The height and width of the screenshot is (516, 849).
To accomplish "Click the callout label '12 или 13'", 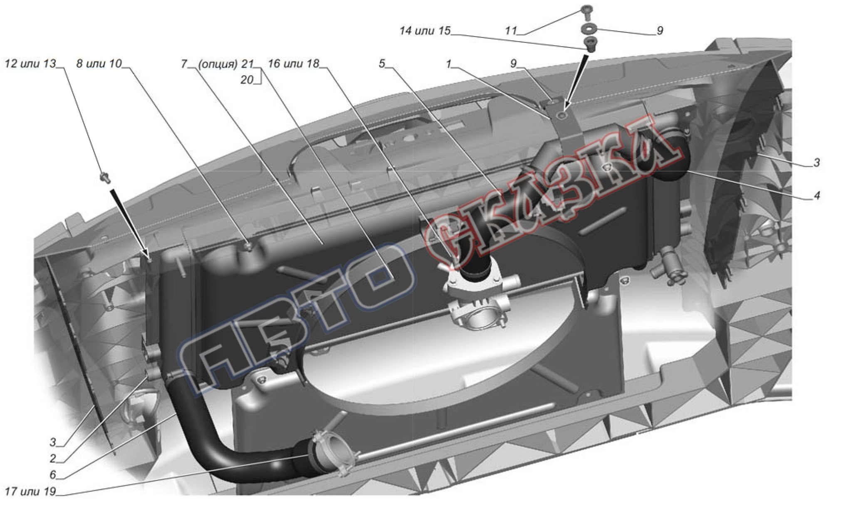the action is [30, 64].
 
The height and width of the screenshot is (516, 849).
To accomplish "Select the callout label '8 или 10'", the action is [99, 64].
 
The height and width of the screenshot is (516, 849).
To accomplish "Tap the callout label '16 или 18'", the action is [294, 64].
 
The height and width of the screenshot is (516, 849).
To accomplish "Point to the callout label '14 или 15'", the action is [425, 31].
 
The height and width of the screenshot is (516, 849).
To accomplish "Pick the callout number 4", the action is [817, 195].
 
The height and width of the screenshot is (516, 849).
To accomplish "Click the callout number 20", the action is [247, 79].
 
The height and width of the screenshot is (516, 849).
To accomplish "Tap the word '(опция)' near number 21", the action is [218, 64].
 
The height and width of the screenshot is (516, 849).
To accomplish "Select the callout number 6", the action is [53, 474].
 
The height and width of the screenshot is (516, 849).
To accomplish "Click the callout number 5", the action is [382, 64].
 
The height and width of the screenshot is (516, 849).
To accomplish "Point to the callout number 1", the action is [448, 64].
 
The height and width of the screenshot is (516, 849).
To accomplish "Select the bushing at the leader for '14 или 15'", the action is [589, 44].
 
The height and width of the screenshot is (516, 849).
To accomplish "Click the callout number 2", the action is [53, 458].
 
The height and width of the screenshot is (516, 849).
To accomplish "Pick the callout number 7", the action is [184, 64].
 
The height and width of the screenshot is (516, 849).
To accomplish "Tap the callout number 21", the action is [247, 64].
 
